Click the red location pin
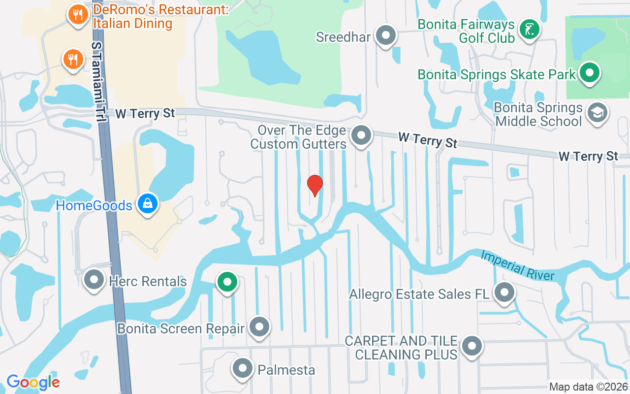(315, 185)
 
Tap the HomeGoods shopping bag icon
(147, 203)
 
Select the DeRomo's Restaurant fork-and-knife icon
(78, 15)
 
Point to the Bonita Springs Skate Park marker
(589, 73)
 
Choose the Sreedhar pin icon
(386, 35)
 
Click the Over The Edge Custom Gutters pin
(361, 135)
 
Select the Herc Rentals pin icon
(94, 280)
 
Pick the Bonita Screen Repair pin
(259, 327)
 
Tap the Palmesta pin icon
(242, 368)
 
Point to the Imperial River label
(517, 266)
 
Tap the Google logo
(33, 382)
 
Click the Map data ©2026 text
(588, 387)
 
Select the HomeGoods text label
(94, 205)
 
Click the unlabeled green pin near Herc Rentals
(227, 283)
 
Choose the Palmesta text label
(286, 369)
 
